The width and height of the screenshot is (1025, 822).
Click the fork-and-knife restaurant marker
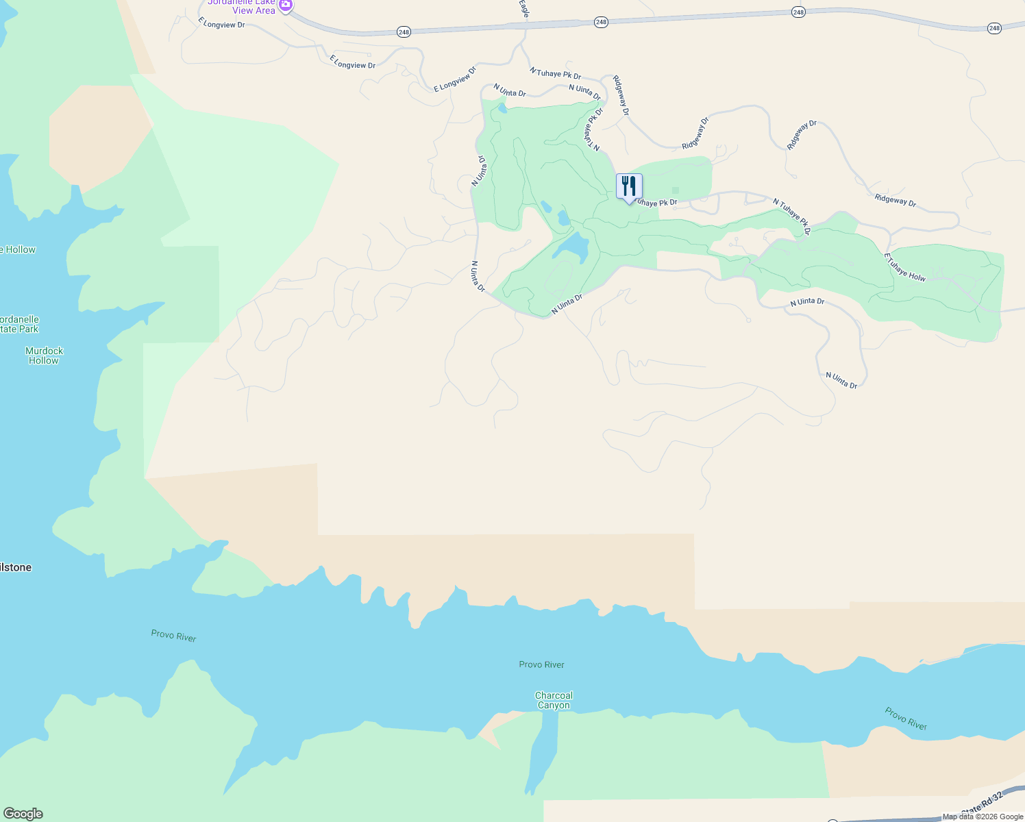(629, 187)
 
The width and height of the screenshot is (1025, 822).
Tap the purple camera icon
(286, 5)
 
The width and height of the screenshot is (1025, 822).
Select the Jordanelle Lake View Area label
(243, 7)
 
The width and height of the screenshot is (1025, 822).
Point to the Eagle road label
(524, 8)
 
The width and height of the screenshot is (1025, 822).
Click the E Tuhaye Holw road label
(904, 267)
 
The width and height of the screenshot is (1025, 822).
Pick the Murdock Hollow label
(44, 356)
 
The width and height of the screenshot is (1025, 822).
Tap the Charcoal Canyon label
(554, 700)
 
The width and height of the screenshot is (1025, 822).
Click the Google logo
(23, 813)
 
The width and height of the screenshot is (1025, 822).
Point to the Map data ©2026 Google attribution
(983, 817)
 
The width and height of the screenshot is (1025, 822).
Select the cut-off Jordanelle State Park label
(19, 324)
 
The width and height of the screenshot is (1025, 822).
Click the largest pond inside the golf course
(573, 247)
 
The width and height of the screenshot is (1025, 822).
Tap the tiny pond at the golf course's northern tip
(502, 108)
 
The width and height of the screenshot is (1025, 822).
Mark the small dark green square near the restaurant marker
(676, 191)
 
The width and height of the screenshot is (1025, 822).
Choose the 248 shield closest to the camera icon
(404, 32)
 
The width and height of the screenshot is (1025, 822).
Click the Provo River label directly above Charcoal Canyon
(541, 664)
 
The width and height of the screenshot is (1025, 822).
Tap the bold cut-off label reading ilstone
(16, 567)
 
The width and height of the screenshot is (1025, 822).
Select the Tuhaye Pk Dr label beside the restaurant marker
(656, 203)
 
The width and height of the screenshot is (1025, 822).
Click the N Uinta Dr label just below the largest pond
(567, 304)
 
